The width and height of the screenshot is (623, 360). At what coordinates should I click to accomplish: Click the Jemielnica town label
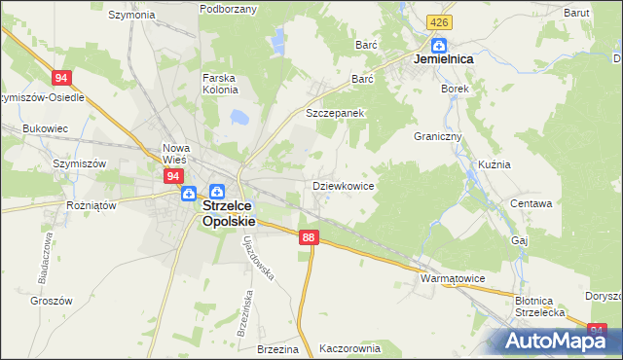[x=444, y=59]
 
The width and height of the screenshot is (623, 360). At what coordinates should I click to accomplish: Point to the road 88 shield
[x=309, y=237]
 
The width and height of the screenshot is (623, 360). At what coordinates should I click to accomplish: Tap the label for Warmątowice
[x=453, y=278]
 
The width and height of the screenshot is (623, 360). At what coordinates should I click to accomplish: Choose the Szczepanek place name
[x=335, y=113]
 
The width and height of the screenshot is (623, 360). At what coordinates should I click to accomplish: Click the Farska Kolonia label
[x=220, y=84]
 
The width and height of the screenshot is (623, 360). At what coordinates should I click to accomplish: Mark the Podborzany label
[x=228, y=9]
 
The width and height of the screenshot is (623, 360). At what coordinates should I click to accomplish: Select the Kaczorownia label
[x=348, y=347]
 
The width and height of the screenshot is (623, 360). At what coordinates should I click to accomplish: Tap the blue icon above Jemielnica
[x=439, y=44]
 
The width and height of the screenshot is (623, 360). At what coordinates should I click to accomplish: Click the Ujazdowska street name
[x=260, y=255]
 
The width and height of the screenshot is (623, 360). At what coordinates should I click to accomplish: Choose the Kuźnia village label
[x=495, y=164]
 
